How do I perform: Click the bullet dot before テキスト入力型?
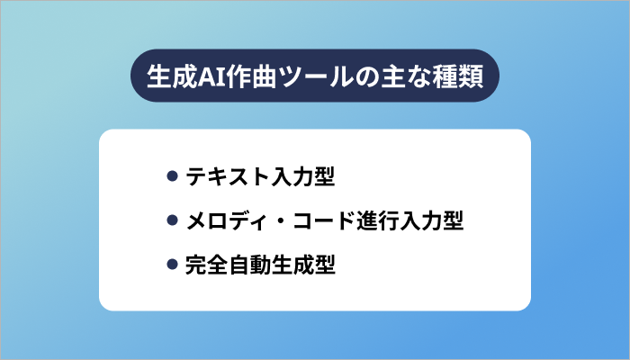pyautogui.click(x=172, y=176)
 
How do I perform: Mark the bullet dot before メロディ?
pyautogui.click(x=172, y=220)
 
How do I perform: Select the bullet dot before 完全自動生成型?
pyautogui.click(x=172, y=265)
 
